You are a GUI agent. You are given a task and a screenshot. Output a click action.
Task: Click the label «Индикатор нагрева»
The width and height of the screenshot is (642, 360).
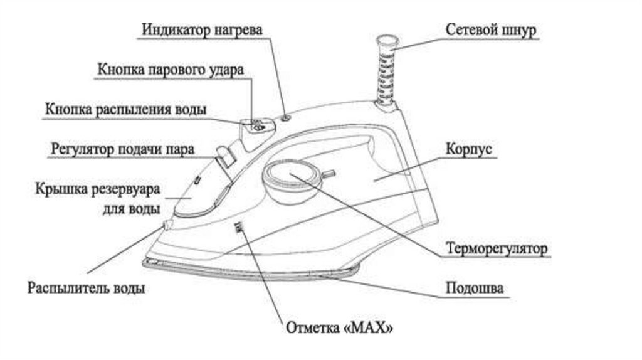(201, 30)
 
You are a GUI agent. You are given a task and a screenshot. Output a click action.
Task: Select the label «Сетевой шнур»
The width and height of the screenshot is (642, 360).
(491, 30)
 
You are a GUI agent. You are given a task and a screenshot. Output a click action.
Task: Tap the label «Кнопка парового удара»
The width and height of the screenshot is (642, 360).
(169, 70)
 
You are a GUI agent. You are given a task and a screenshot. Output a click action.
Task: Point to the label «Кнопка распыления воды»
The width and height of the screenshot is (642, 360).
(125, 109)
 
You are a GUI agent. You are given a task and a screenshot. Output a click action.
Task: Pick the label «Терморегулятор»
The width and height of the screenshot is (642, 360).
(498, 248)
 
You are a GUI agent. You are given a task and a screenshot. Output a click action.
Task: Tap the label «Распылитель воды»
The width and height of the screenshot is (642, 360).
(87, 289)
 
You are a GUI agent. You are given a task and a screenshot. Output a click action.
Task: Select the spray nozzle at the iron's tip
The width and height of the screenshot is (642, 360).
(166, 224)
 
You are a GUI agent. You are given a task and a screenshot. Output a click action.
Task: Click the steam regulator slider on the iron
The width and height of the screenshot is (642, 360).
(224, 157)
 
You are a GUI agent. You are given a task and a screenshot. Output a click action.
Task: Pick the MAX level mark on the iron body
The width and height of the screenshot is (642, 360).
(238, 229)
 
